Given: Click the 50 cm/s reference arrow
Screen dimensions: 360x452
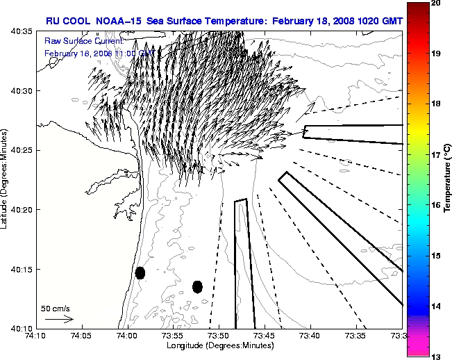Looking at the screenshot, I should (59, 319).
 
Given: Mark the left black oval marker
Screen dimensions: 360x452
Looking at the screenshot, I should (140, 272).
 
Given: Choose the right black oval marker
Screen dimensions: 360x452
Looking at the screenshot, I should (197, 286).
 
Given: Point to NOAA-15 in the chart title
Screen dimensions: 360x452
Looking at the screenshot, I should (115, 21).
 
